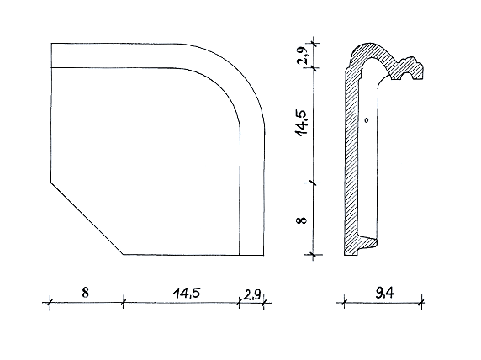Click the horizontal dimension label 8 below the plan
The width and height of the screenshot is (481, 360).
[x=85, y=293]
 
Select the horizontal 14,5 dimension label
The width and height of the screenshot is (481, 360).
[x=187, y=293]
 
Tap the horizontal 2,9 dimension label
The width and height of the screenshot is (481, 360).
[x=252, y=295]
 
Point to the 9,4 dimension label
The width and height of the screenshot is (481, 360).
[x=384, y=294]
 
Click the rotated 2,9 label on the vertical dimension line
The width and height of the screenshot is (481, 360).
[x=302, y=56]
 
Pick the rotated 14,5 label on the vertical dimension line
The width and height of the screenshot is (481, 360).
[x=301, y=122]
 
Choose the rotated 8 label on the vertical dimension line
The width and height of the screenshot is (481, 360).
[x=302, y=220]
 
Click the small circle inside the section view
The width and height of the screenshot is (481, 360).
[x=367, y=120]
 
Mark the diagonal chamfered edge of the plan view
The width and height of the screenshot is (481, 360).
[x=87, y=219]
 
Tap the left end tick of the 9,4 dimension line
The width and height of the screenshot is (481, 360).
[x=344, y=303]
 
